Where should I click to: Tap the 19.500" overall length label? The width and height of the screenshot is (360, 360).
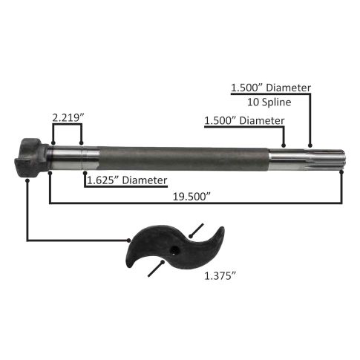pos(192,197)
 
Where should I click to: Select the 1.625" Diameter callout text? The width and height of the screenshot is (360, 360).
pos(127,180)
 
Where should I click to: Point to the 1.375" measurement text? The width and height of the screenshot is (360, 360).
pos(220,276)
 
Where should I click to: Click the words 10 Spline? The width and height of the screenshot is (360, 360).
pos(269,102)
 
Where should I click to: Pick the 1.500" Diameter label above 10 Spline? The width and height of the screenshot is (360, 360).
pos(271,88)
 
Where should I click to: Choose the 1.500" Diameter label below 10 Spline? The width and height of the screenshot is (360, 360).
pos(244,121)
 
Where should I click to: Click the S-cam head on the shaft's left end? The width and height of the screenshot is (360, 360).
pos(31,157)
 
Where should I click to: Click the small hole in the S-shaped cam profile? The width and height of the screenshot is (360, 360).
pos(175,248)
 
